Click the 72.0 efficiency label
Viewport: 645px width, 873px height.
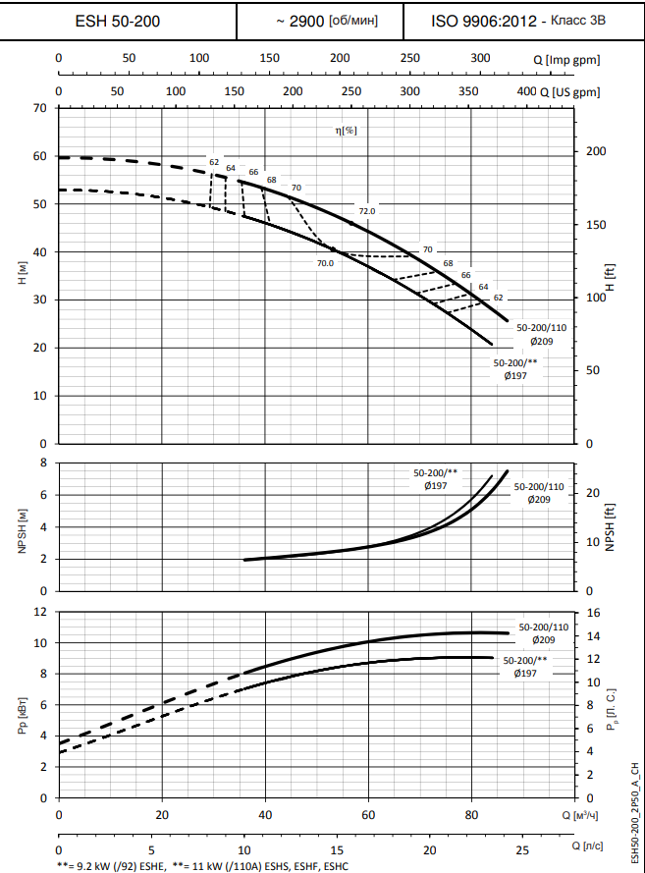[366, 211]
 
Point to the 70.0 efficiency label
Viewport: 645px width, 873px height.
[325, 263]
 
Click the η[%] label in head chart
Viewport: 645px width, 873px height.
[344, 130]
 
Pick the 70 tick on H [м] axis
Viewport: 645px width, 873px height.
[40, 107]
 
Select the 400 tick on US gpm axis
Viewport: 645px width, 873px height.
[525, 91]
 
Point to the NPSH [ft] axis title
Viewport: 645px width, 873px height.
[610, 526]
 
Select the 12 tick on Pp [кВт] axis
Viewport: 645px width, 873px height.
[40, 612]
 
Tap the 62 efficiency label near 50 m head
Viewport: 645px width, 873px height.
[213, 161]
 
